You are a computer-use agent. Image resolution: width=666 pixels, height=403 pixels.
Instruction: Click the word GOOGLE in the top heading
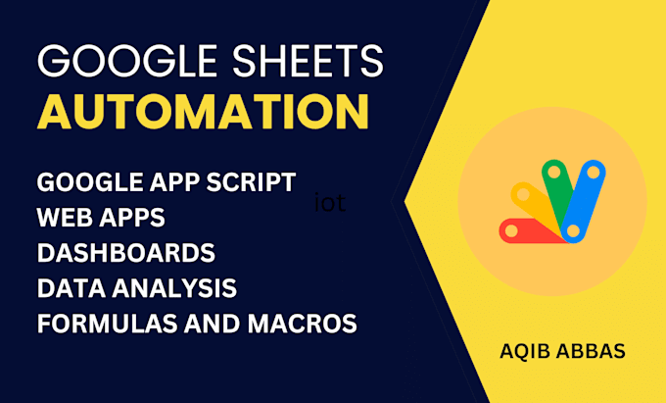[x=127, y=61]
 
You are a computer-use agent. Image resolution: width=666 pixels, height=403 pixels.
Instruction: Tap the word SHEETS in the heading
[x=308, y=61]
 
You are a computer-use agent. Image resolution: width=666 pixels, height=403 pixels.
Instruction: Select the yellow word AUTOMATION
[x=203, y=112]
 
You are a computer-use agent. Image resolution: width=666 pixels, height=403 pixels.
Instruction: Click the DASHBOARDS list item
[x=126, y=253]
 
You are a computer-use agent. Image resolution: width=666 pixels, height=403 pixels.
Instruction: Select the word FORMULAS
[x=107, y=324]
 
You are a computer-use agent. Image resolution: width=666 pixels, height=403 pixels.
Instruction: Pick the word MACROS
[x=303, y=324]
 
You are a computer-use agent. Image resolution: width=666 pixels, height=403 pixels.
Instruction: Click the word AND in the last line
[x=213, y=324]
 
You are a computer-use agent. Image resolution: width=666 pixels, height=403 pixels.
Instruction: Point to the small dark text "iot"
[x=330, y=202]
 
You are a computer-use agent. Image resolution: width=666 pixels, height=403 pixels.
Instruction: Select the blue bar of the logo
[x=583, y=202]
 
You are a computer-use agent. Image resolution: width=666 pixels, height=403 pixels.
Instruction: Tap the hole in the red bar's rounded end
[x=511, y=231]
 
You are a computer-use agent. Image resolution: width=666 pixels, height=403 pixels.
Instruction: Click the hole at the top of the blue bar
[x=593, y=173]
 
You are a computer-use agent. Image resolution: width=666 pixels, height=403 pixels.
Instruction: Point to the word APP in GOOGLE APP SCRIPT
[x=177, y=182]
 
